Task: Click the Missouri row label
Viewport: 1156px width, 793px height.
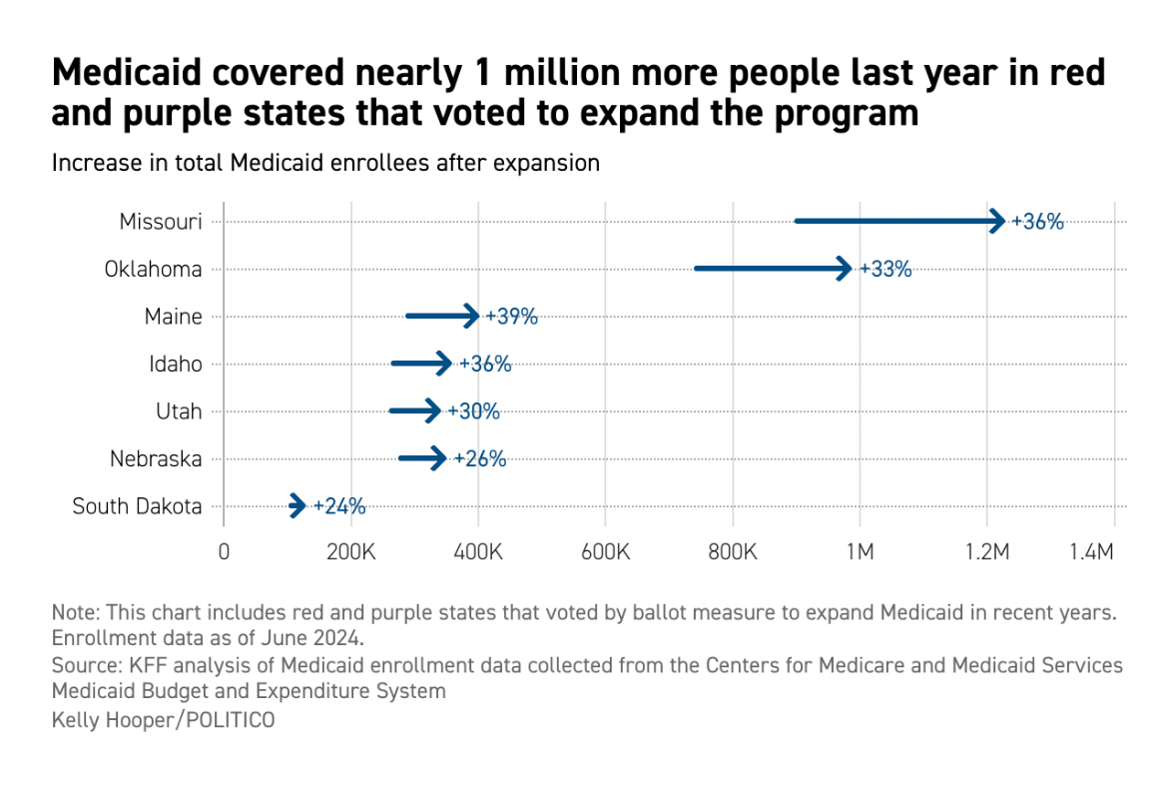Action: pyautogui.click(x=161, y=222)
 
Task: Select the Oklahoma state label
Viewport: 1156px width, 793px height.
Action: pyautogui.click(x=153, y=269)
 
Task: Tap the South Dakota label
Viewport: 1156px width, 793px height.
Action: pyautogui.click(x=137, y=506)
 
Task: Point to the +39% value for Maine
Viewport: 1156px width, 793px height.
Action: pyautogui.click(x=511, y=317)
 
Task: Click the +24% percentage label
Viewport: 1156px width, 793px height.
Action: pyautogui.click(x=339, y=506)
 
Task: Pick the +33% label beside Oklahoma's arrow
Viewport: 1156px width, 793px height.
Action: pyautogui.click(x=885, y=269)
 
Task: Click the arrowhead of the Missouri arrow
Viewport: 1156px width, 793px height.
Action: pyautogui.click(x=997, y=221)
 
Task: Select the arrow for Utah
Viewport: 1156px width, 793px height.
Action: pyautogui.click(x=414, y=410)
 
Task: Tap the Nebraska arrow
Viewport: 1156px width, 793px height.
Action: pyautogui.click(x=422, y=458)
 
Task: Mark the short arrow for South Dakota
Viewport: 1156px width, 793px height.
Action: pyautogui.click(x=297, y=505)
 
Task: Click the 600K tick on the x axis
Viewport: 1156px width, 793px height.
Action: pyautogui.click(x=605, y=552)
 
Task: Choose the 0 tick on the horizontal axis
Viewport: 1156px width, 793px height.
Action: pyautogui.click(x=224, y=552)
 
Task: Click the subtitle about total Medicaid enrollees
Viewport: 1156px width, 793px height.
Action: pyautogui.click(x=325, y=163)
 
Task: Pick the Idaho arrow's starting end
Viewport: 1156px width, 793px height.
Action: pyautogui.click(x=394, y=364)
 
